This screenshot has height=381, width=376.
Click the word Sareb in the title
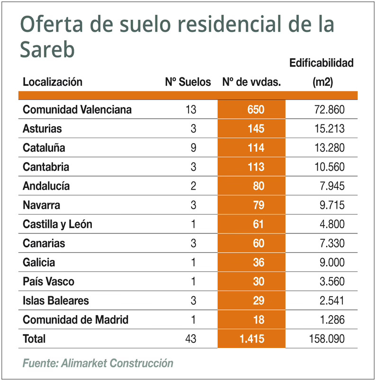coord(47,48)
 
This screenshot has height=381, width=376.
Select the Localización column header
coord(53,82)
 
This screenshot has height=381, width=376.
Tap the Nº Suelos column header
coord(188,82)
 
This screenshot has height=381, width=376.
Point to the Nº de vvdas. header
coord(251,82)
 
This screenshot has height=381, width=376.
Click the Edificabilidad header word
coord(321,63)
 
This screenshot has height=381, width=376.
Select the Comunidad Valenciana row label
coord(77,110)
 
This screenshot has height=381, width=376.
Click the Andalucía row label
coord(46,186)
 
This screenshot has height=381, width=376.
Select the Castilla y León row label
coord(57,224)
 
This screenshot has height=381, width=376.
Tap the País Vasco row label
coord(48,282)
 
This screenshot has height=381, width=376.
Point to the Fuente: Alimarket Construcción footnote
coord(98,363)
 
